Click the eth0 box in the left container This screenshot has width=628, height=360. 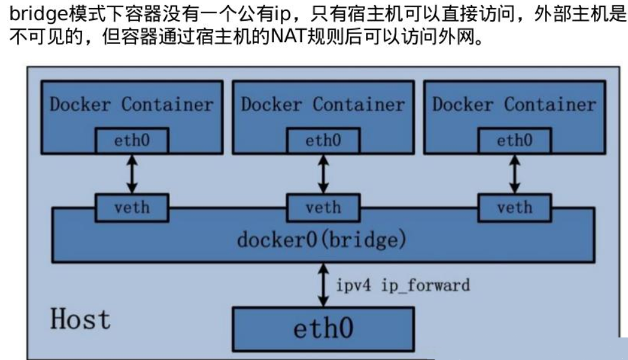coord(132,141)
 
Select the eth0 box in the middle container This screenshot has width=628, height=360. coord(323,141)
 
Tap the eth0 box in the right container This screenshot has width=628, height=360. coord(514,141)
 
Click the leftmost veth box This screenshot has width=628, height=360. coord(132,208)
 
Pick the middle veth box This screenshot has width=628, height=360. coord(323,208)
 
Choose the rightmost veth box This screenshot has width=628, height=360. coord(514,208)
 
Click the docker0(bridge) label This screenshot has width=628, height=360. coord(321,240)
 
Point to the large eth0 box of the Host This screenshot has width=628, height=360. coord(323,329)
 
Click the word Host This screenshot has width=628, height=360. coord(80,319)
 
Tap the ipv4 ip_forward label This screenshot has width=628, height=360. coord(403,284)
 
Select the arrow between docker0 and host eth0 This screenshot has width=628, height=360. coord(323,284)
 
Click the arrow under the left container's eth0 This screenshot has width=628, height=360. coord(132,174)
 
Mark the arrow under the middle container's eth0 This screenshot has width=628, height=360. coord(323,174)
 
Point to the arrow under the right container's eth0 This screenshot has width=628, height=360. coord(514,174)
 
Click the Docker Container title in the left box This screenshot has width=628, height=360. coord(132,104)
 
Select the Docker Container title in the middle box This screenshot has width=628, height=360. coord(323,104)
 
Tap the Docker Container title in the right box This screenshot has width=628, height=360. coord(514,104)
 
